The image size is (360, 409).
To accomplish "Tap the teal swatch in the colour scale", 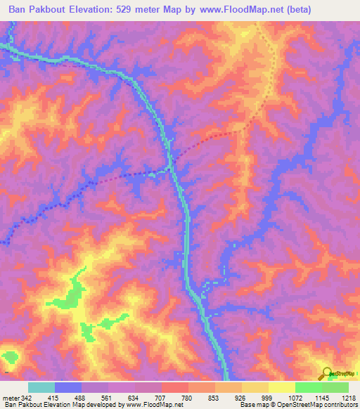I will coord(41,387).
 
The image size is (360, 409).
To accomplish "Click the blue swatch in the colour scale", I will coord(68,387).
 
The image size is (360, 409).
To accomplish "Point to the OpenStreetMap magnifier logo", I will coord(326,373).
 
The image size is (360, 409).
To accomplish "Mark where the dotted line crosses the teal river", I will coord(171,167).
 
